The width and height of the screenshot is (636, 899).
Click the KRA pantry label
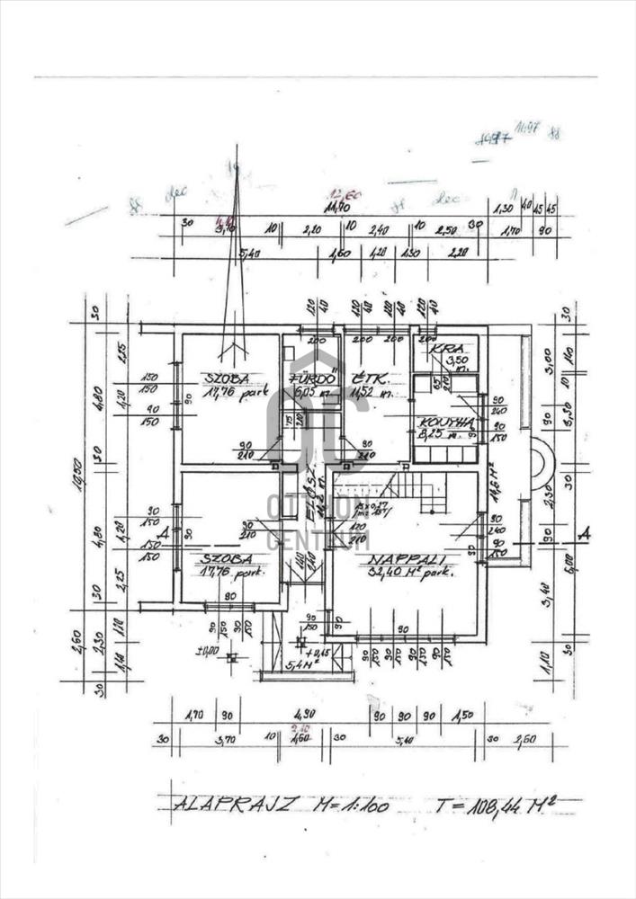pyautogui.click(x=440, y=349)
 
